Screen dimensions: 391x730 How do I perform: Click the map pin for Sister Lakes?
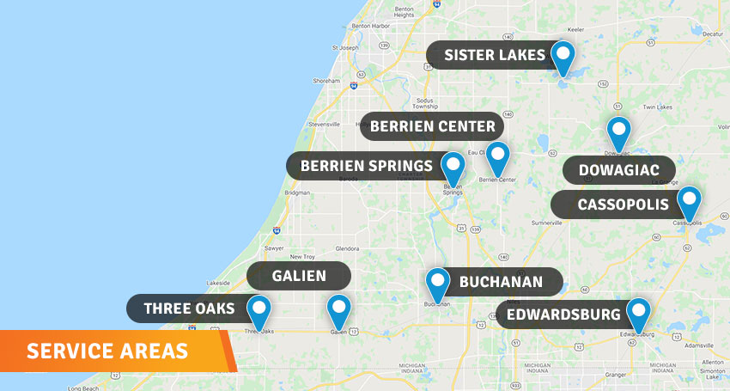(563, 57)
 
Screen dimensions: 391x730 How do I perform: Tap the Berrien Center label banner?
(432, 127)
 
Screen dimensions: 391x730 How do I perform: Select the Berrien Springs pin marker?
(453, 167)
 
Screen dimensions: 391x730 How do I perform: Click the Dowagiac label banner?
(618, 170)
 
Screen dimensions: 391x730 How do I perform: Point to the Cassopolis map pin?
(689, 202)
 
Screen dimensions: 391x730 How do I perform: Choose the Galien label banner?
(299, 276)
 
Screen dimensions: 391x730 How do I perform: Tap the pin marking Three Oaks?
(259, 310)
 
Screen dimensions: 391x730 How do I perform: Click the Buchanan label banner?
(501, 282)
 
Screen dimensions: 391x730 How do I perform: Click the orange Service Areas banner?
(107, 351)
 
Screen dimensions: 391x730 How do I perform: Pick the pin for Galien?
(338, 310)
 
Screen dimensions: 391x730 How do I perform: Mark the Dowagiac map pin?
(618, 132)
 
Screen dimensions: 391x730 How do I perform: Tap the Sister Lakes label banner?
(494, 56)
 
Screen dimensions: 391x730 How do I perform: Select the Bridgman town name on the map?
(297, 193)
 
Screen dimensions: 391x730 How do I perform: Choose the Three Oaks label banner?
(189, 309)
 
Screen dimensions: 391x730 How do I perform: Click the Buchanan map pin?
(438, 284)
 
